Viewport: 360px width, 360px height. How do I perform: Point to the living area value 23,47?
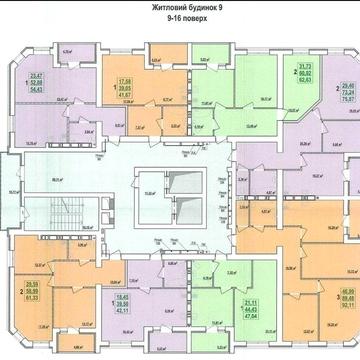pos(38,75)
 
